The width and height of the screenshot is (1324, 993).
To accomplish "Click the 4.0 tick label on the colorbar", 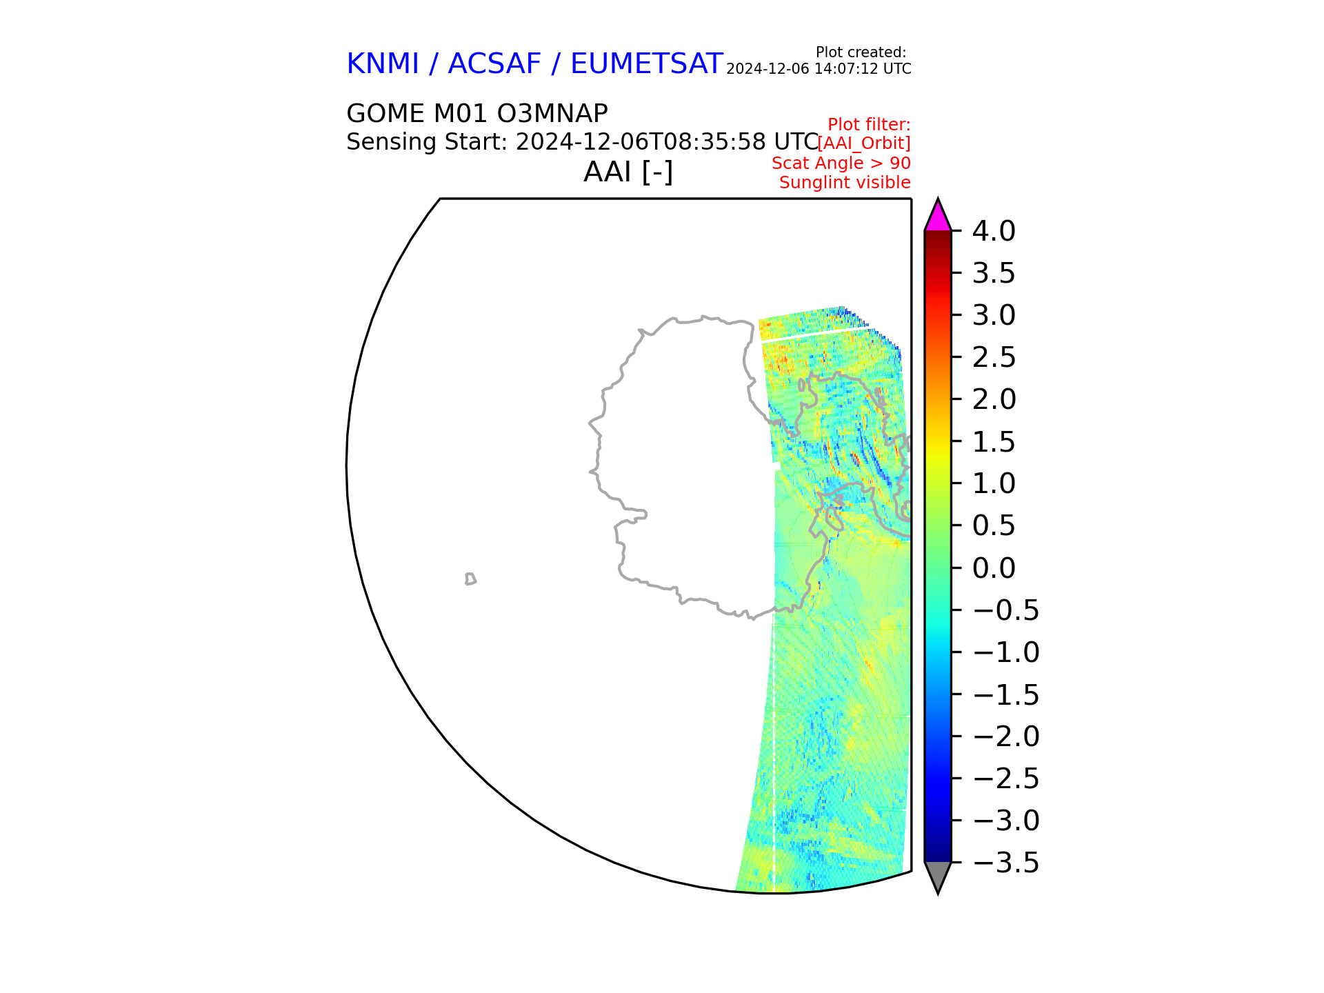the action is click(x=994, y=232).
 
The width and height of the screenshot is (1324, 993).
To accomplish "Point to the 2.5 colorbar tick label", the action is click(x=994, y=358).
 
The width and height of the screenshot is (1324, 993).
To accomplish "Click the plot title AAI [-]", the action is click(x=628, y=172).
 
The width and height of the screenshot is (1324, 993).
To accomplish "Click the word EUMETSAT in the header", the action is click(x=647, y=64).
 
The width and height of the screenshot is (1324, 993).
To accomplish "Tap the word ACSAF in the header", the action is click(x=494, y=64).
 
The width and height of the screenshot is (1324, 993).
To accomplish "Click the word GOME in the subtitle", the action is click(x=385, y=114).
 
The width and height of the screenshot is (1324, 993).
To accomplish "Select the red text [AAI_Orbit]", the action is click(x=864, y=143).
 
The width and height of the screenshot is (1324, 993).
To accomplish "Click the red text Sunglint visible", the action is click(x=845, y=183).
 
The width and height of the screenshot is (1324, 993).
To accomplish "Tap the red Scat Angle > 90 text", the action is click(x=841, y=163).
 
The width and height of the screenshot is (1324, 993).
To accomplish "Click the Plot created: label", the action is click(x=861, y=52).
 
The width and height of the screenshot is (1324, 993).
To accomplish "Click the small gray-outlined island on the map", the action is click(x=470, y=579).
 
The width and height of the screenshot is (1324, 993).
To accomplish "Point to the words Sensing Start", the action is click(x=426, y=142).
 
